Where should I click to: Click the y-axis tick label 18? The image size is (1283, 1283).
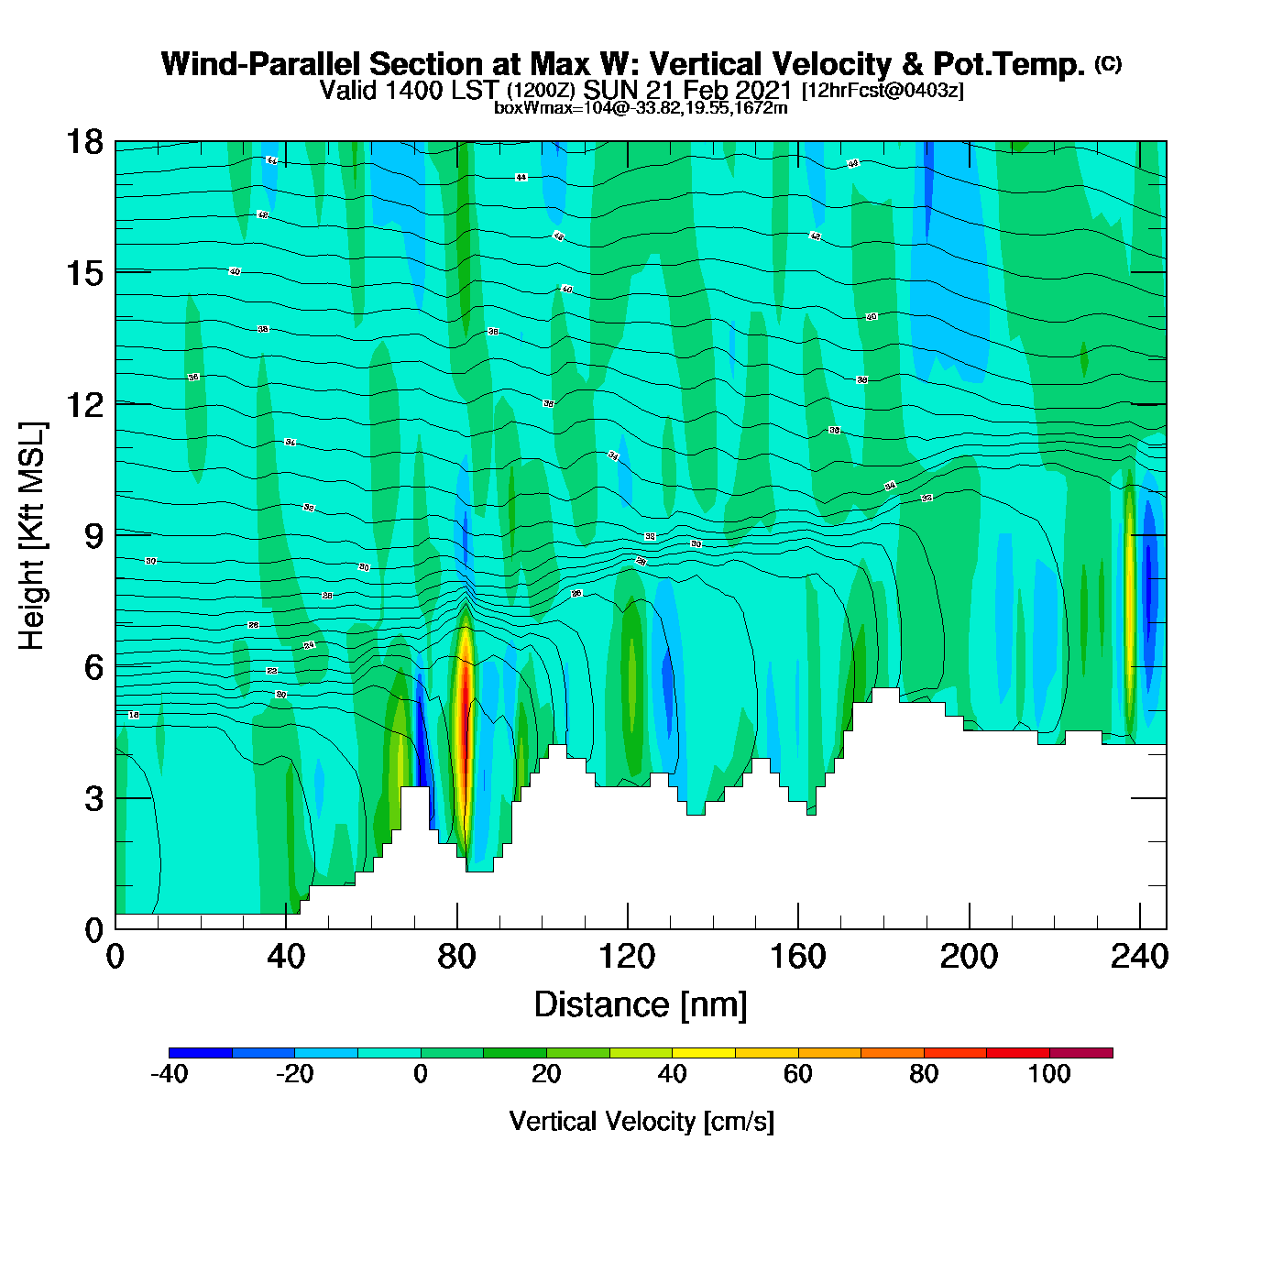pyautogui.click(x=82, y=142)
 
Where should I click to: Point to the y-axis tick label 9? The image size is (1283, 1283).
pyautogui.click(x=93, y=536)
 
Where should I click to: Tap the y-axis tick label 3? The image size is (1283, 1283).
pyautogui.click(x=93, y=799)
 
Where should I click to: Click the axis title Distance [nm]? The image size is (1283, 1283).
pyautogui.click(x=641, y=1005)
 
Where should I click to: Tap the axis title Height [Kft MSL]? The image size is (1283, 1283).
pyautogui.click(x=32, y=536)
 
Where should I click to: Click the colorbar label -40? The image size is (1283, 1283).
pyautogui.click(x=169, y=1074)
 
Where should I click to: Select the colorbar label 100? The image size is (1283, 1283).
pyautogui.click(x=1049, y=1074)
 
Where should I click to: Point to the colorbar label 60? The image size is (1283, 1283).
pyautogui.click(x=798, y=1074)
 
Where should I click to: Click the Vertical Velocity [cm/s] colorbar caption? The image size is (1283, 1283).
pyautogui.click(x=641, y=1122)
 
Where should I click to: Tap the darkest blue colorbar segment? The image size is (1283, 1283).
pyautogui.click(x=201, y=1053)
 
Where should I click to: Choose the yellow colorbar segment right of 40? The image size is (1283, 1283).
pyautogui.click(x=704, y=1053)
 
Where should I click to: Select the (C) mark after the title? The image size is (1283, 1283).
pyautogui.click(x=1108, y=63)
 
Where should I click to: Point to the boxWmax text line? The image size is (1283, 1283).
pyautogui.click(x=641, y=108)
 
